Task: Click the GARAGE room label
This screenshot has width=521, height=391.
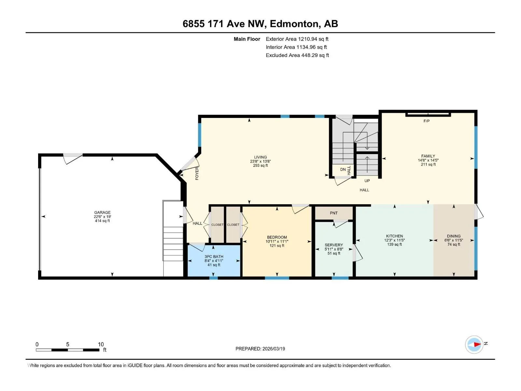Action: point(102,212)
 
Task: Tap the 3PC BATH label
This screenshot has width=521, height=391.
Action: point(214,257)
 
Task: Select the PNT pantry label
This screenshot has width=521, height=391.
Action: point(334,213)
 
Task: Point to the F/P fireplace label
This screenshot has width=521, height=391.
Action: point(427,121)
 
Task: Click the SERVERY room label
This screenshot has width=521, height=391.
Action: point(334,245)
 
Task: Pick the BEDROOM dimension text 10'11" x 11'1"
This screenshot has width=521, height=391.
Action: point(277,241)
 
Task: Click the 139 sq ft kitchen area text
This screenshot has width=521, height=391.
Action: point(394,244)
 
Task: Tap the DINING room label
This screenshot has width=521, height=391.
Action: point(454,236)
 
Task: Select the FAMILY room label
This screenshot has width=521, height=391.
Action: point(428,156)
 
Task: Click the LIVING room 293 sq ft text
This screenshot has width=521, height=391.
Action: point(260,166)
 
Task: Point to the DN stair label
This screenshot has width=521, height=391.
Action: point(343,169)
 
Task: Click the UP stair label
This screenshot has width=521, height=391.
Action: point(367,181)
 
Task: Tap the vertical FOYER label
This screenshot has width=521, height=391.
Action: point(197,173)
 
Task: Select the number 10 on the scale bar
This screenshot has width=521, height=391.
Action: point(101,344)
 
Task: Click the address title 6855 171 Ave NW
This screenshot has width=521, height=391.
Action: point(223,24)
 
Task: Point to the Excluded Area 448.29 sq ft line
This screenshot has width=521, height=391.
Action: point(297,55)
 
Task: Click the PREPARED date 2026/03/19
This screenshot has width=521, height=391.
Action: point(274,349)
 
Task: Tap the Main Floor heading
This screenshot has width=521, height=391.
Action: point(247,39)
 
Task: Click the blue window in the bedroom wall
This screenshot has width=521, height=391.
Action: point(277,278)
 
